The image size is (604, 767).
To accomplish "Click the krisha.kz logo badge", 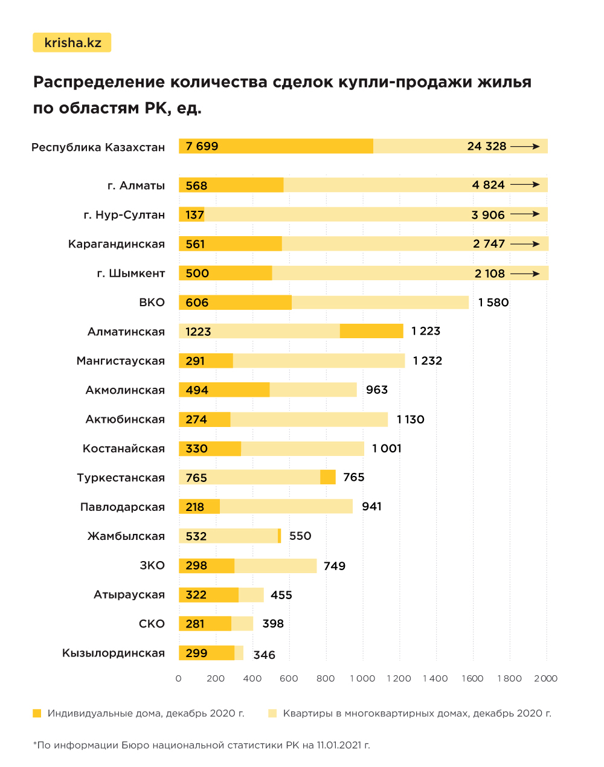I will click(72, 43).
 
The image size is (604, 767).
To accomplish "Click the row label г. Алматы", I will click(136, 185).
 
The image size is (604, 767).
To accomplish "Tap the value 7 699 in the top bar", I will click(202, 146).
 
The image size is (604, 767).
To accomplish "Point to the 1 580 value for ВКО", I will click(493, 303).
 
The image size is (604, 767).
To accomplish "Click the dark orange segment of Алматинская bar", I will click(371, 331).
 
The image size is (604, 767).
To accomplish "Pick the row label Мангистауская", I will click(120, 361).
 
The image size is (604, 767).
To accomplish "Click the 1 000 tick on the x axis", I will click(362, 678).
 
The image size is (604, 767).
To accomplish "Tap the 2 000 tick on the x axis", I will click(545, 678).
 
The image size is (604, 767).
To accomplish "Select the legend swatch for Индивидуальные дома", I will click(37, 713).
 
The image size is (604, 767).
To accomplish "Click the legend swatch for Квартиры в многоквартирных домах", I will click(272, 713).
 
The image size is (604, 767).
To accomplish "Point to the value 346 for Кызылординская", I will click(264, 655).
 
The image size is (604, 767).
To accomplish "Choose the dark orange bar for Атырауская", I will click(208, 595).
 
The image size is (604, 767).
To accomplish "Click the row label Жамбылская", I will click(126, 536).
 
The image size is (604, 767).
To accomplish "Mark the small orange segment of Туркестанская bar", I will click(328, 477).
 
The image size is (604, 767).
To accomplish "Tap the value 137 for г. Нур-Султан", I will click(194, 215).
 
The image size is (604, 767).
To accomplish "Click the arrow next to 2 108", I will click(525, 274).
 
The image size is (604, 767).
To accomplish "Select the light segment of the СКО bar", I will click(242, 624).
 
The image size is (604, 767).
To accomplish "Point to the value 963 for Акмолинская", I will click(376, 390).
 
